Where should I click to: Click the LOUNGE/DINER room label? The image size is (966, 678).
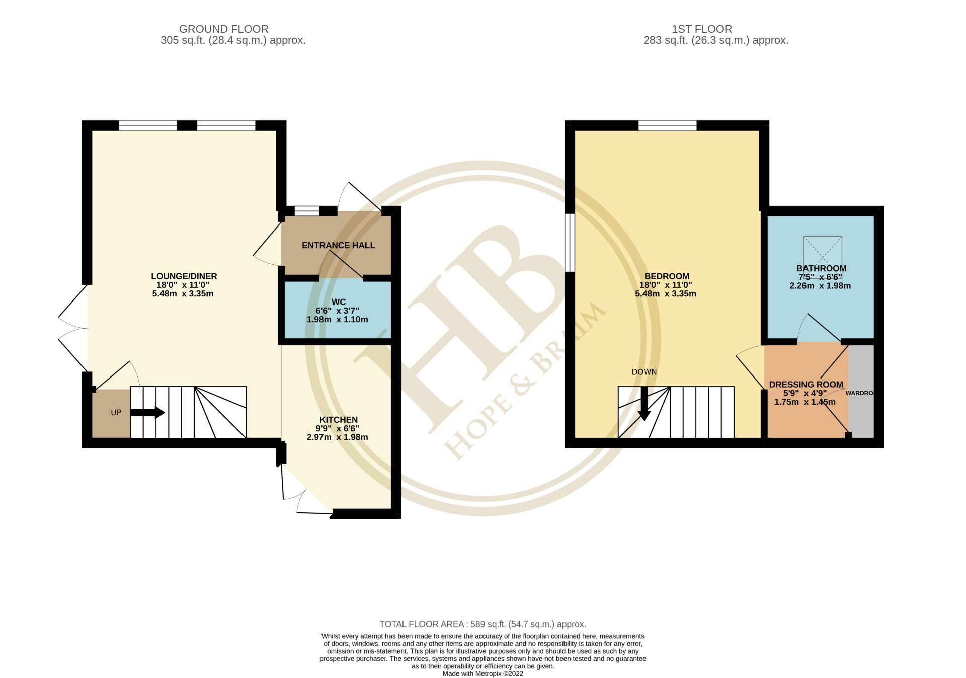coord(184,276)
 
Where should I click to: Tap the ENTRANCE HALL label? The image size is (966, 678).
coord(338,245)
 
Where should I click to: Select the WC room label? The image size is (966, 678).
coord(338,302)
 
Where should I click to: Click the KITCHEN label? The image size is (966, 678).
coord(338,420)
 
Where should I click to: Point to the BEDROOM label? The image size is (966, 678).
coord(666,276)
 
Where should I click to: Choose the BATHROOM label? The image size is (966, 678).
coord(821,268)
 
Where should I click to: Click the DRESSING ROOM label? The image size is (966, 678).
coord(806,385)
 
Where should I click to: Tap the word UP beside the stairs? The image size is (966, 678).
coord(116,413)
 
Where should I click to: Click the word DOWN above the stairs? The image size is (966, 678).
coord(644,372)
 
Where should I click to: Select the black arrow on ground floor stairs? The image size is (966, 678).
coord(147,413)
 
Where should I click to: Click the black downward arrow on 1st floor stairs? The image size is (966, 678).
coord(644,404)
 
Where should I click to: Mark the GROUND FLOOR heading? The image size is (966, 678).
coord(223,29)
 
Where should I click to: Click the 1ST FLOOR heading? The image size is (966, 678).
coord(701,29)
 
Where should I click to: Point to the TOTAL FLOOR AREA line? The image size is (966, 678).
coord(482,624)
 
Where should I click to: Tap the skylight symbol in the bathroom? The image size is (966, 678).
coord(822,250)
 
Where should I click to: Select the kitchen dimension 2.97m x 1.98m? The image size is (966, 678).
coord(337,437)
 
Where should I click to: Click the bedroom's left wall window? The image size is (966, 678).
coord(570,243)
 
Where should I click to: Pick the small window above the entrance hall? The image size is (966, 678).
coord(306,211)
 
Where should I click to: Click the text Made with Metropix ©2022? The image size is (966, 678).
coord(482,673)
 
